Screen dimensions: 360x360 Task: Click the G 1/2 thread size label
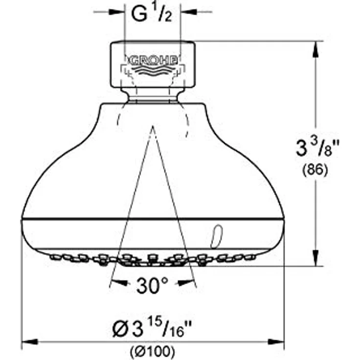(x=151, y=14)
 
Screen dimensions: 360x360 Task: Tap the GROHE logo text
(x=153, y=61)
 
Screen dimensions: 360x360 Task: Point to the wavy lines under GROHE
(x=153, y=69)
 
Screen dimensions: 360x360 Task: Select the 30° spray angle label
(x=153, y=286)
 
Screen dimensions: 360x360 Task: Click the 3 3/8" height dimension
(x=317, y=148)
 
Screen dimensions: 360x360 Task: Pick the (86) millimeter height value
(x=315, y=170)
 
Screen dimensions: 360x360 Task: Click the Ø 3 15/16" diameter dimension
(x=152, y=328)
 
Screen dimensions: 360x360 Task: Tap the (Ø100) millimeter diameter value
(x=153, y=351)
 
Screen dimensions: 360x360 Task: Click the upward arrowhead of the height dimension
(x=315, y=49)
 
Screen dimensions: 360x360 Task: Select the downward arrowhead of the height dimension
(x=315, y=259)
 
